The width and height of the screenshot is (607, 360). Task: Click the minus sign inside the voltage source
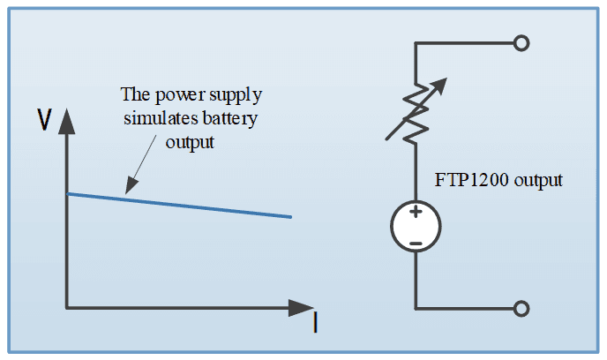[x=416, y=240]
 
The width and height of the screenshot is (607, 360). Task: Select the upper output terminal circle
[x=521, y=42]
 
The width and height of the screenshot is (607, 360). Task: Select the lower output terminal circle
[x=521, y=308]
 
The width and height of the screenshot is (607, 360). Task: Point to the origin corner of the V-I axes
[x=68, y=309]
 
